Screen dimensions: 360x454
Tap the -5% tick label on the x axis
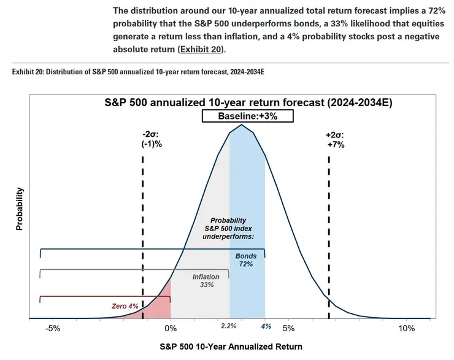pos(52,328)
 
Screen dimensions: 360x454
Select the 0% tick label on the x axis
pos(171,328)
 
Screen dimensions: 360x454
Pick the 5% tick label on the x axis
pos(289,328)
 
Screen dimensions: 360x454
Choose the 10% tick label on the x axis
pos(407,328)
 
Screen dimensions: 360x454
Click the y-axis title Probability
pos(19,209)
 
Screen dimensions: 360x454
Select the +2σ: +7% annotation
pos(335,140)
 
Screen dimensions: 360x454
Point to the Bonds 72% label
pos(247,260)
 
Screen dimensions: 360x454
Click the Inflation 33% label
pos(206,281)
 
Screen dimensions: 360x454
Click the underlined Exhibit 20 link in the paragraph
pos(198,48)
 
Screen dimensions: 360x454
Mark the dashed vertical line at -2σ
pos(143,233)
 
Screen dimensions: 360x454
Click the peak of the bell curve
pos(242,125)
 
